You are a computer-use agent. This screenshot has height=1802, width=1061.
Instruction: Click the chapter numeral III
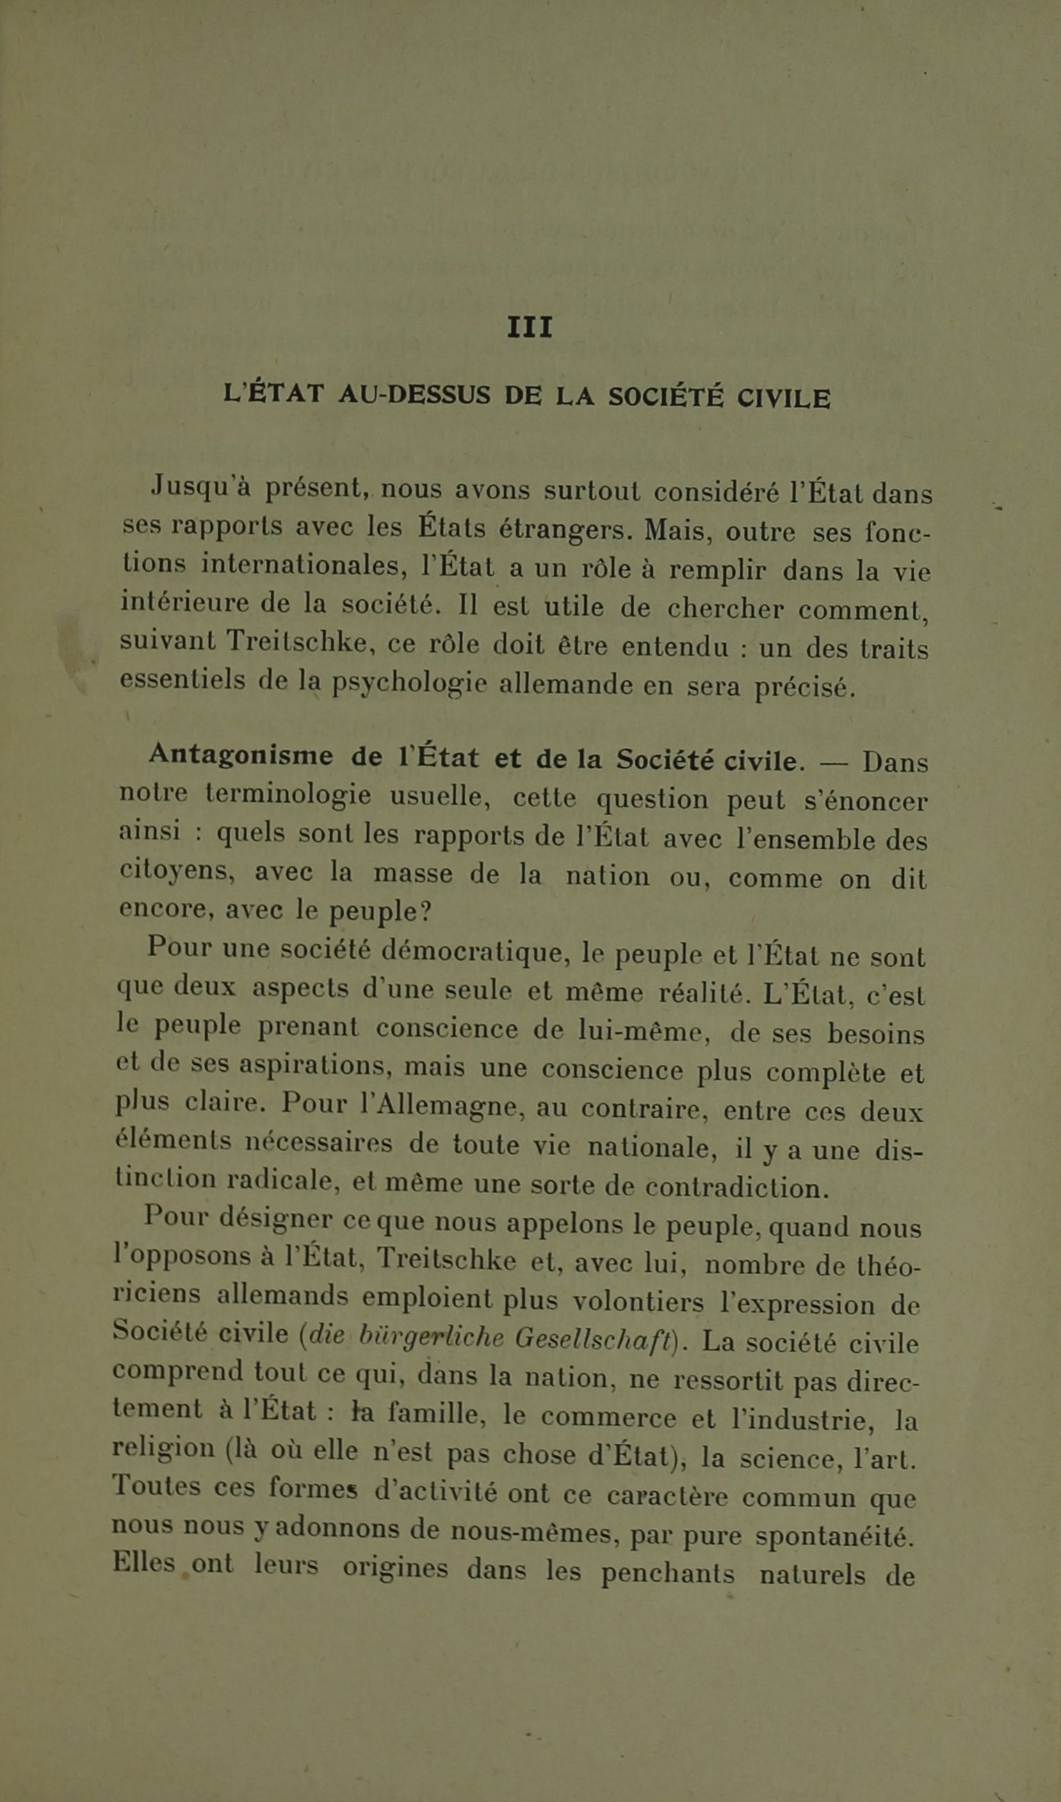pos(530,328)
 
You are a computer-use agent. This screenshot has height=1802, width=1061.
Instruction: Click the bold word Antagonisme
pos(241,756)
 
